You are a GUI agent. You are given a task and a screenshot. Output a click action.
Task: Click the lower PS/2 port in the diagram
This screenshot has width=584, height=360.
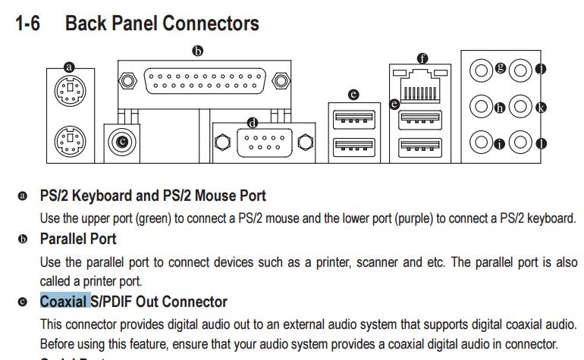pos(70,139)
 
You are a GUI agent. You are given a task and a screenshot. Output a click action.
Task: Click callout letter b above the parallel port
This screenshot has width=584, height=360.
pos(198,52)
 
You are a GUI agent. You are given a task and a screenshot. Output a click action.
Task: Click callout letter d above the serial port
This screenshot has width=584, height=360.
pos(253,122)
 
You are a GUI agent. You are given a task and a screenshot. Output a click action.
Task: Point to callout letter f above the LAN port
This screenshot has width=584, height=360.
pos(422,58)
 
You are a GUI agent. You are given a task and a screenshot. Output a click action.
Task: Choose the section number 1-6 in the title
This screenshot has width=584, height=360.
pos(28,23)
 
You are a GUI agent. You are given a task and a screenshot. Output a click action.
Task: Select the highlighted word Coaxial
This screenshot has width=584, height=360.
pos(64,302)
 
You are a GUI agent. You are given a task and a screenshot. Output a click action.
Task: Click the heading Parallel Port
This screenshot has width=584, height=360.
pos(78,239)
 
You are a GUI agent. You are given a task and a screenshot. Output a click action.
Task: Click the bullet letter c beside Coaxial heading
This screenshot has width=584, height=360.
pos(23,302)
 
